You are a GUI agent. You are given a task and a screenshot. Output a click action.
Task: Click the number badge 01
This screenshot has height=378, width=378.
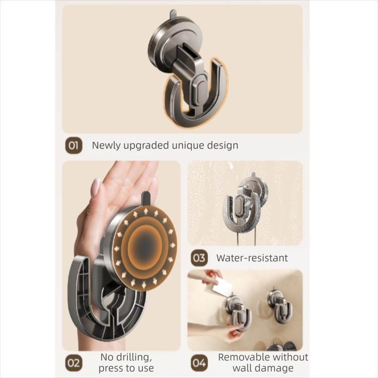click(74, 146)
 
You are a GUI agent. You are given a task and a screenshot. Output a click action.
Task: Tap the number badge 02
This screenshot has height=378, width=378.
click(74, 363)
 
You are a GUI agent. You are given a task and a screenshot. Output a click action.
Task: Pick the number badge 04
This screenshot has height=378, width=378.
click(199, 363)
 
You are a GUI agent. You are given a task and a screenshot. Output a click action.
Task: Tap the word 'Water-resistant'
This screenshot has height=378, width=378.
click(252, 258)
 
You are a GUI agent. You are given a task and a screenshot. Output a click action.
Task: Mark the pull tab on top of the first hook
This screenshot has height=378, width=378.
click(173, 15)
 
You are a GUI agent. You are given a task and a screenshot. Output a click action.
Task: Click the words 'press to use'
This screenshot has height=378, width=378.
click(126, 368)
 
